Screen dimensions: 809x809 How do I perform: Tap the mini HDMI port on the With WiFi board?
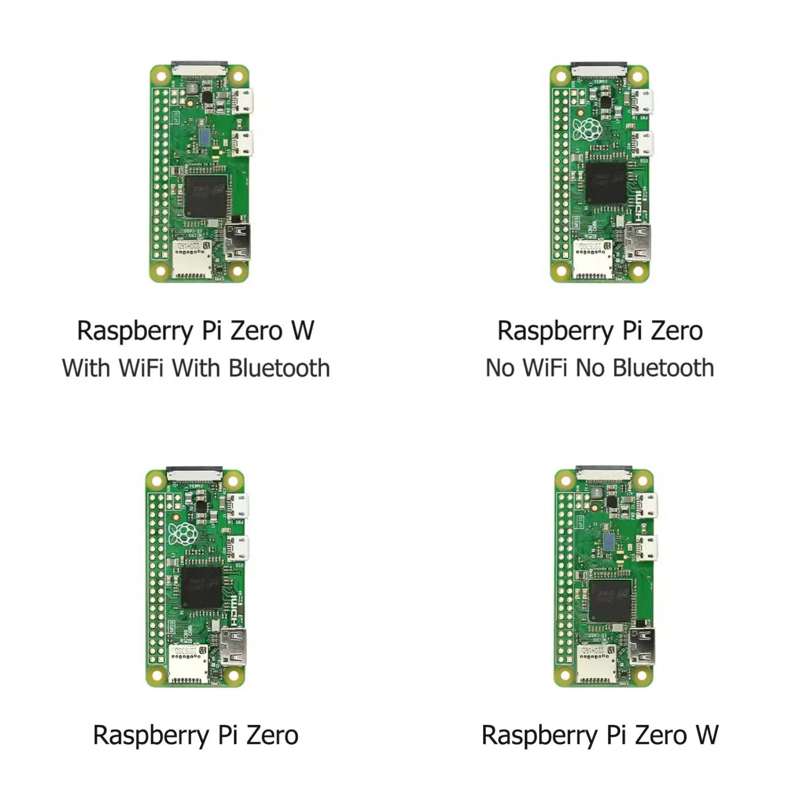(238, 241)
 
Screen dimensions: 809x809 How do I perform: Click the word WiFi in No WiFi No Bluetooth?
(545, 368)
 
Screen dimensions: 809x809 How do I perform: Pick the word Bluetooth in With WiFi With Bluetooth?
(279, 368)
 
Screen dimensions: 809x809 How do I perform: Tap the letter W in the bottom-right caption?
(707, 735)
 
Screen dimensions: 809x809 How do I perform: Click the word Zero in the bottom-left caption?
(272, 735)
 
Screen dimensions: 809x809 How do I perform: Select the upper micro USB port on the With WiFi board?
(243, 102)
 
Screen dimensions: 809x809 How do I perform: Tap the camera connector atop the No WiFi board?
(599, 69)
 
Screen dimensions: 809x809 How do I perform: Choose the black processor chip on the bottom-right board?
(610, 600)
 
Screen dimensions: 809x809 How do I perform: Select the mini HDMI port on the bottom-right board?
(642, 646)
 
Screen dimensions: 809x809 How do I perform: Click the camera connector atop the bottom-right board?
(604, 474)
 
